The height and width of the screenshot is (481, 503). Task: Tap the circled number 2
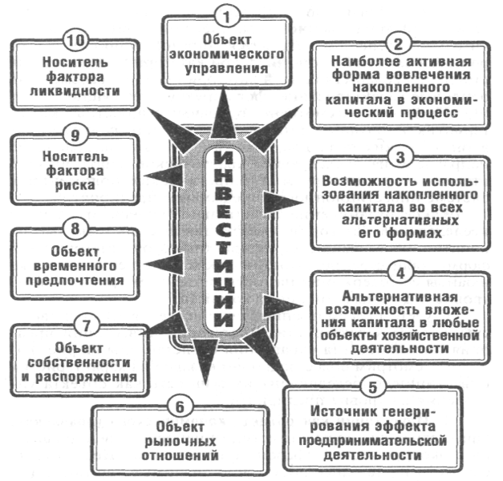(x=400, y=42)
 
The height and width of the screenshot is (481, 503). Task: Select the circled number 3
(x=400, y=155)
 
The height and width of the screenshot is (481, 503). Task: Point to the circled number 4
(x=399, y=272)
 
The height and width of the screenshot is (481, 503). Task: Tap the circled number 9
(x=75, y=133)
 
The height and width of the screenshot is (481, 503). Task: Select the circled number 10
(x=75, y=38)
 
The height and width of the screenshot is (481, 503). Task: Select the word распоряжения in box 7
(x=95, y=376)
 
